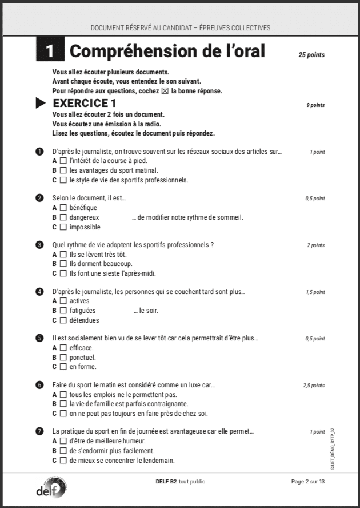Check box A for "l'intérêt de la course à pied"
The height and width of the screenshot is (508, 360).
[x=63, y=161]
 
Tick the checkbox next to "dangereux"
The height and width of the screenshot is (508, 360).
[x=63, y=217]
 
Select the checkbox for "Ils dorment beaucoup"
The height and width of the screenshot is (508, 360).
[x=63, y=264]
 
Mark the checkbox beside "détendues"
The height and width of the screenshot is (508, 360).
[x=63, y=320]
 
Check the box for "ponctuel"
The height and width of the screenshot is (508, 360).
[x=63, y=358]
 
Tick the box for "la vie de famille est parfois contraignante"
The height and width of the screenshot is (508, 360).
[x=63, y=404]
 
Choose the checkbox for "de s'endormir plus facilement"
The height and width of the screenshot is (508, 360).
[x=63, y=451]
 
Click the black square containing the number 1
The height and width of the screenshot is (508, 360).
[x=50, y=51]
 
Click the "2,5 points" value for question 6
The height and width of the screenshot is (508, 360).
[x=314, y=386]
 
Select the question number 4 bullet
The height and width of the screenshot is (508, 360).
[x=39, y=292]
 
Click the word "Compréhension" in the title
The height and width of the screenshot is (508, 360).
[x=126, y=51]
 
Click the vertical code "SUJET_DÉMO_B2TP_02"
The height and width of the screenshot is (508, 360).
[x=332, y=449]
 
